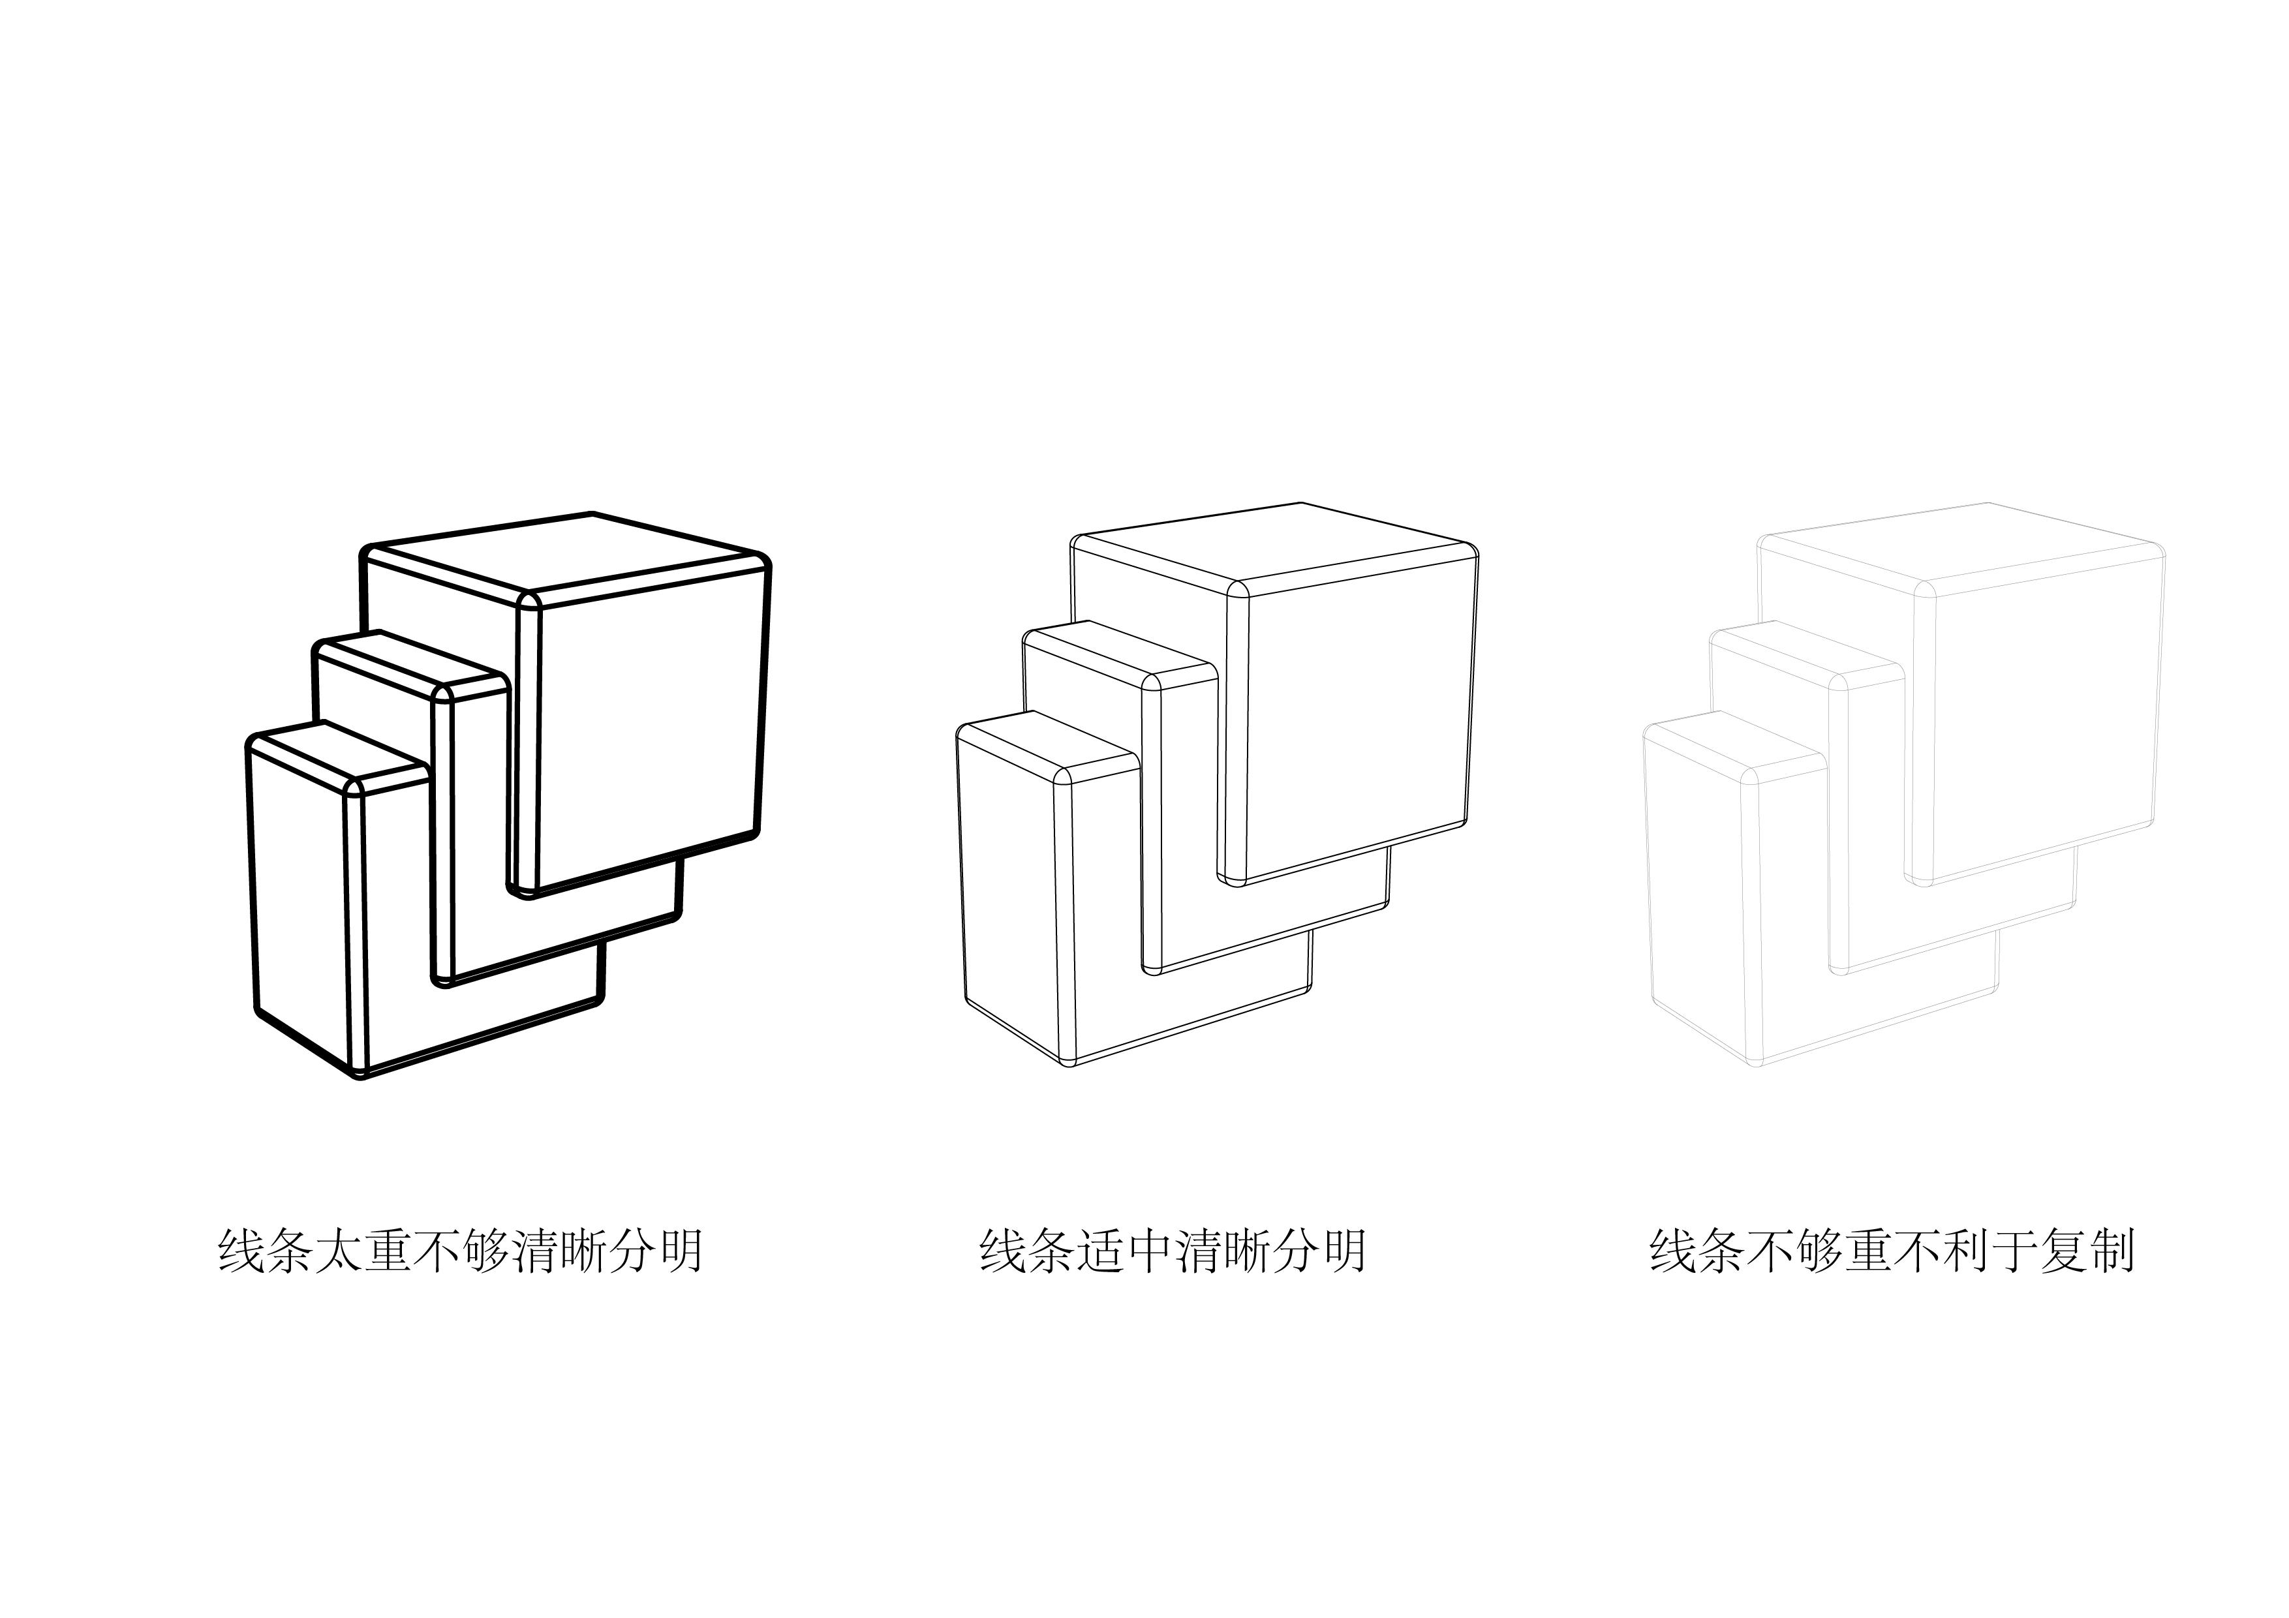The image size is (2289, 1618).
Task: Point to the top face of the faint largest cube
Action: pos(1959,545)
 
